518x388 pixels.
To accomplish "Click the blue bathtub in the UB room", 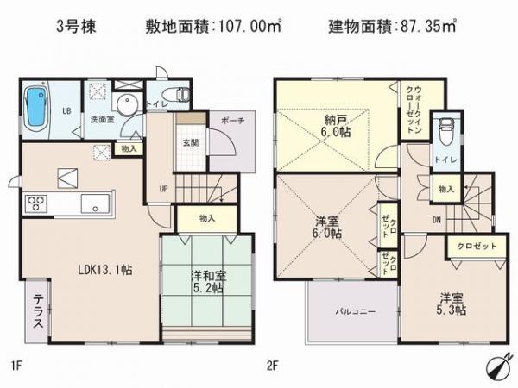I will point(37,106).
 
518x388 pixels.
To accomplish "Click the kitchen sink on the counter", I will point(92,204).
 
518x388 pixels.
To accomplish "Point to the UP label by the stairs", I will point(162,190).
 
